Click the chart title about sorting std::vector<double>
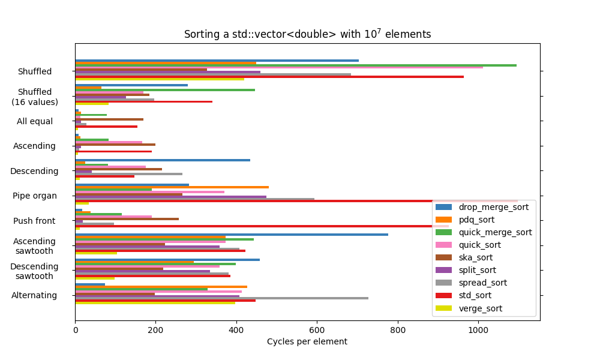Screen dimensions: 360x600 click(307, 34)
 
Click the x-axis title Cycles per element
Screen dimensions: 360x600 click(307, 341)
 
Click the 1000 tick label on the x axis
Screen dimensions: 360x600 click(478, 329)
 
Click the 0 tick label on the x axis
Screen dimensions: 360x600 click(75, 329)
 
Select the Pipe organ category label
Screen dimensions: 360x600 click(35, 196)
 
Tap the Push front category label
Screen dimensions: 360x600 click(35, 221)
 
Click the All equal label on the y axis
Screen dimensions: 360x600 click(35, 121)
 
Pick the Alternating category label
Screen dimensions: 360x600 click(34, 295)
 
